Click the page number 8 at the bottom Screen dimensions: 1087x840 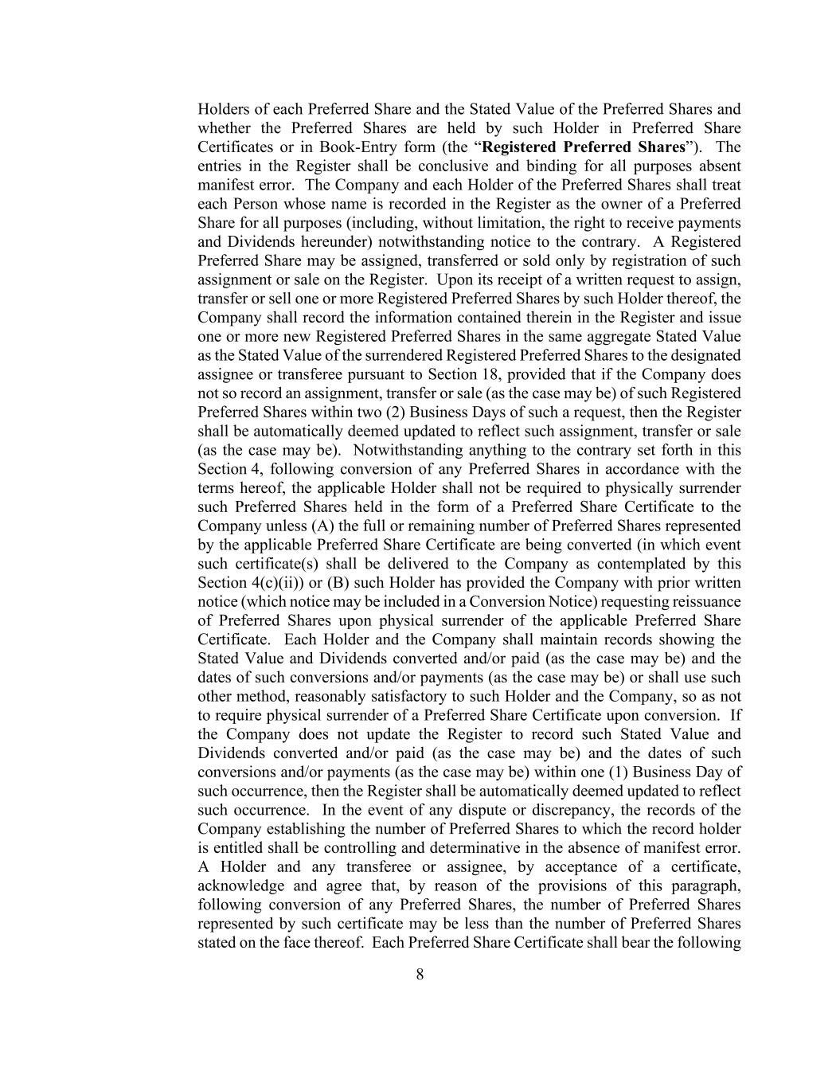click(x=420, y=974)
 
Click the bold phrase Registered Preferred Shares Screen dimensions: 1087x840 click(x=584, y=147)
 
